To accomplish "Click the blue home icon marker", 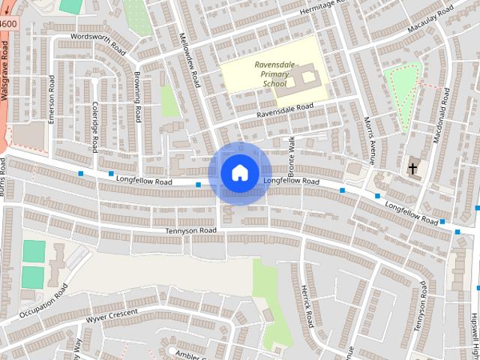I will click(238, 173).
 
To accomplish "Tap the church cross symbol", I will click(412, 169).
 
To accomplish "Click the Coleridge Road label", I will click(95, 127).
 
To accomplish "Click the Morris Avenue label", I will click(369, 139).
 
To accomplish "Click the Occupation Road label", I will click(43, 302).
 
